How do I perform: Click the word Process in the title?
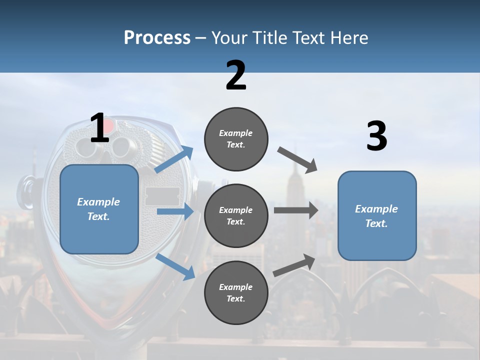click(x=157, y=37)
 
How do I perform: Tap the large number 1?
click(x=100, y=128)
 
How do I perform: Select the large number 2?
click(x=236, y=75)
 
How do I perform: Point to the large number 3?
click(x=377, y=136)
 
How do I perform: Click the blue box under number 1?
click(x=99, y=209)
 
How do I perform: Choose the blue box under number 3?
click(x=377, y=215)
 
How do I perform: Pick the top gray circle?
click(x=236, y=139)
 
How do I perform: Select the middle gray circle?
click(x=236, y=215)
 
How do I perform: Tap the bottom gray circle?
click(x=236, y=292)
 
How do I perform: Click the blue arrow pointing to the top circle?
click(x=174, y=159)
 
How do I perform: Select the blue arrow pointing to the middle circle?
click(x=174, y=212)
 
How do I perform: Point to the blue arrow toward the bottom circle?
click(x=175, y=266)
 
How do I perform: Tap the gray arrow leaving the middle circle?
click(x=295, y=210)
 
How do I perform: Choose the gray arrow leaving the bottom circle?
click(x=294, y=265)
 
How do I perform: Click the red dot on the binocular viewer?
click(x=109, y=125)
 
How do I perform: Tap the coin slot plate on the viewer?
click(x=162, y=196)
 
